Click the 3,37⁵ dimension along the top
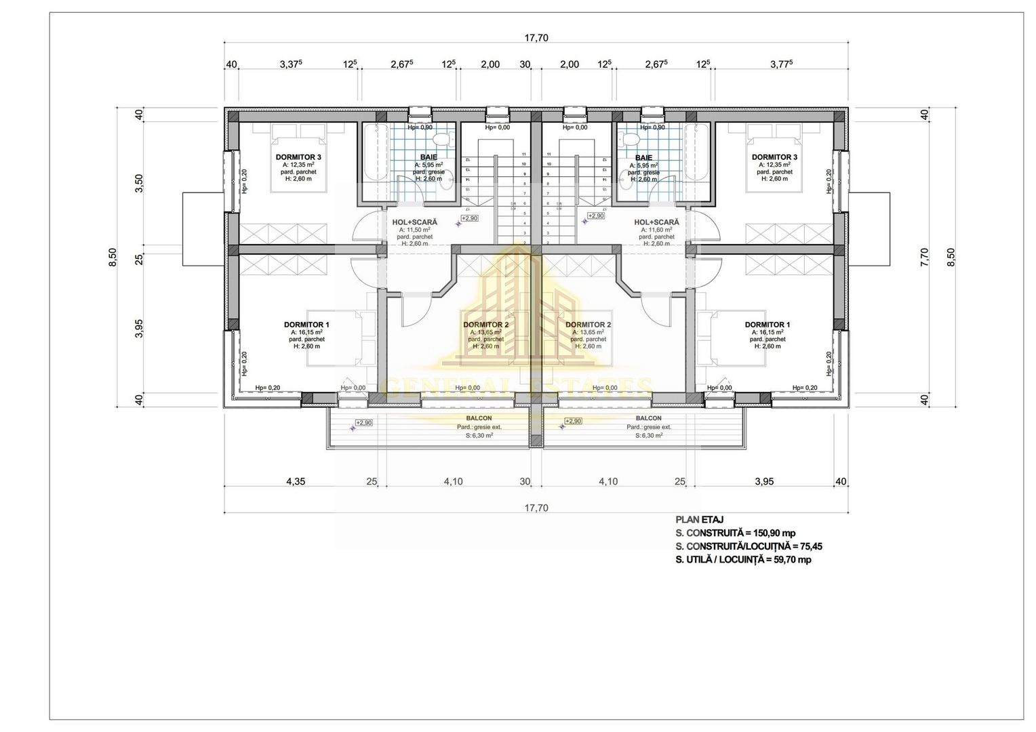click(291, 64)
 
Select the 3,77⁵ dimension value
click(782, 64)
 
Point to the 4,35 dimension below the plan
click(296, 481)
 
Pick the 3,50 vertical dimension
click(139, 184)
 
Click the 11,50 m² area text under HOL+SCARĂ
click(414, 230)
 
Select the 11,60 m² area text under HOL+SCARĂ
click(656, 230)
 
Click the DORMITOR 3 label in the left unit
click(298, 157)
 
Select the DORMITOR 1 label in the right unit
click(767, 325)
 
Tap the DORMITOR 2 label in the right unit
click(588, 325)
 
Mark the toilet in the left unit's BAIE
click(441, 140)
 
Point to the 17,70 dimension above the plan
click(536, 38)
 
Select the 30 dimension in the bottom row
click(524, 481)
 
